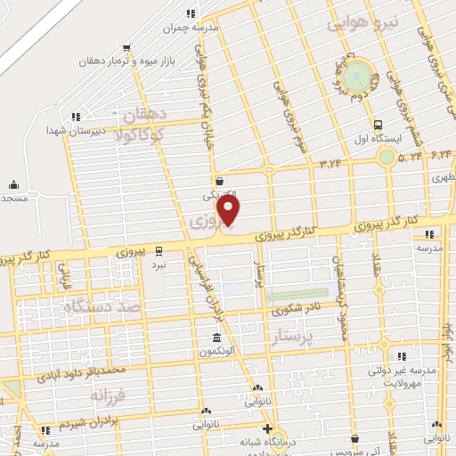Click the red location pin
[229, 210]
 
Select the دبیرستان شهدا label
[77, 130]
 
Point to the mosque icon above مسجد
[13, 185]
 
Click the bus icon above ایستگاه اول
[379, 126]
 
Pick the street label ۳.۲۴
[330, 163]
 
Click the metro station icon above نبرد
[158, 250]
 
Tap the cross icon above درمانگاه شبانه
[266, 428]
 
